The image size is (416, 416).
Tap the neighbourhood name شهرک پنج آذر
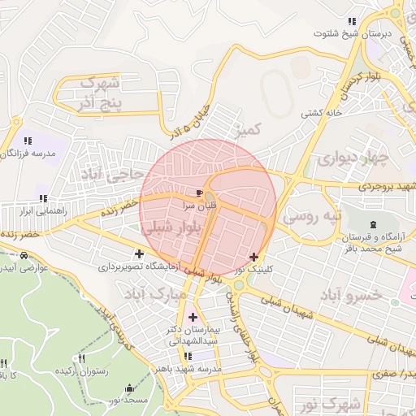[x=101, y=93]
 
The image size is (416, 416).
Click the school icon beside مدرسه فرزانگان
[x=28, y=141]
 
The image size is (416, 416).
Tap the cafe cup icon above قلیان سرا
[x=200, y=193]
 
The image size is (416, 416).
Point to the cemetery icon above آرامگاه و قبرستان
[x=373, y=224]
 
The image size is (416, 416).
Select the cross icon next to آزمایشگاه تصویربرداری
[x=139, y=253]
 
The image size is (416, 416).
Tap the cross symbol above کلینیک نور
[x=253, y=256]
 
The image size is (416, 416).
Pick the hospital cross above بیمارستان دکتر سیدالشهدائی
[x=193, y=317]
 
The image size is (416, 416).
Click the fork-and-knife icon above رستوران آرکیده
[x=81, y=358]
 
